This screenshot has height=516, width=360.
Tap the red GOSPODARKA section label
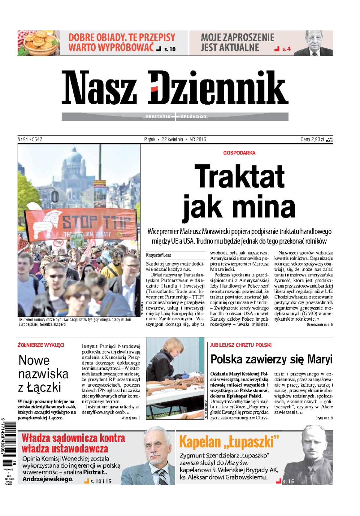click(239, 153)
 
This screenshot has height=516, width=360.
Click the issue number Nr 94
click(23, 139)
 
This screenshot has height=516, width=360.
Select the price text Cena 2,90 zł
click(312, 139)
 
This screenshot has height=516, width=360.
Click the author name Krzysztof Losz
click(159, 255)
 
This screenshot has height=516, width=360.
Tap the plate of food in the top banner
click(38, 43)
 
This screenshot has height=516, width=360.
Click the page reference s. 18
click(170, 49)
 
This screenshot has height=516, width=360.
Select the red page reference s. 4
click(286, 49)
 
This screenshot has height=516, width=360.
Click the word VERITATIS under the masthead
click(157, 117)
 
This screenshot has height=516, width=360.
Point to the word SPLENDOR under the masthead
click(193, 117)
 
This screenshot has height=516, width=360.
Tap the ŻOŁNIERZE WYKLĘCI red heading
click(41, 345)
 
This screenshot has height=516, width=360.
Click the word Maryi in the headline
click(319, 360)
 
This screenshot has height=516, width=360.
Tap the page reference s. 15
click(288, 481)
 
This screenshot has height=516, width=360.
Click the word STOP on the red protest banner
click(80, 222)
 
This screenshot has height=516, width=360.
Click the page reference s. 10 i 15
click(101, 481)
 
